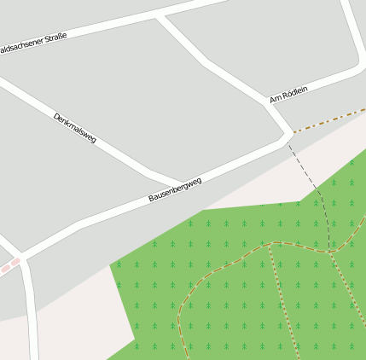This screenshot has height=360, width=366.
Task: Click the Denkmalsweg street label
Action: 75,128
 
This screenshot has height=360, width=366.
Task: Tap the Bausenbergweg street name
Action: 175,189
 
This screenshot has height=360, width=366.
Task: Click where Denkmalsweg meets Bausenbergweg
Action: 182,183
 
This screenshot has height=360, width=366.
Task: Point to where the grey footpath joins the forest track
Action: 330,252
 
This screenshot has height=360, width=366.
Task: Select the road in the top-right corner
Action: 351,34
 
